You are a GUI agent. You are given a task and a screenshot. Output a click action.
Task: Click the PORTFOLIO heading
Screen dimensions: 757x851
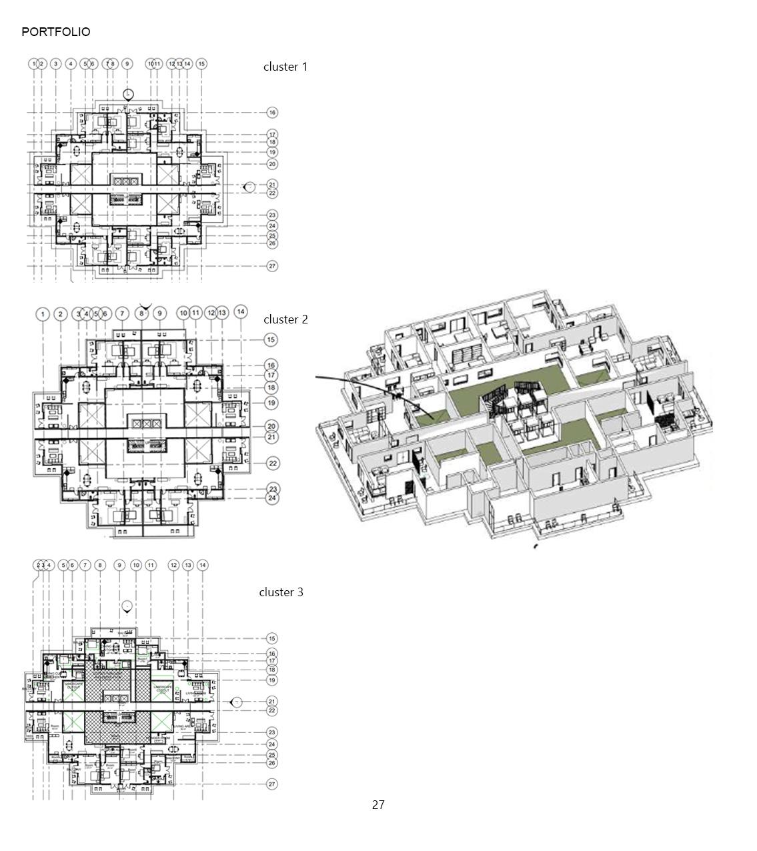[x=56, y=32]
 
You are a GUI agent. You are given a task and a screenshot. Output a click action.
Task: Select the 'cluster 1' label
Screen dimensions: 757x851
[x=285, y=67]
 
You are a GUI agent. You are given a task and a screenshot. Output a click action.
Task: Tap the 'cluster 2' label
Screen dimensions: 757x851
[x=285, y=319]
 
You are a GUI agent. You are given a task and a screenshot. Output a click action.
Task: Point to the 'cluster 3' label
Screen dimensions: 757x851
[x=281, y=592]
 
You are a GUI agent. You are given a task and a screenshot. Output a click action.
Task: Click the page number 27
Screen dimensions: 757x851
[x=378, y=805]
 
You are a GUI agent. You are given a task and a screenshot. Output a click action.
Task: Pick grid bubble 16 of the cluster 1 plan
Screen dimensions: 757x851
[x=272, y=113]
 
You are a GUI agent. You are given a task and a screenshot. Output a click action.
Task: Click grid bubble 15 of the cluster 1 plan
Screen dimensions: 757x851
[x=201, y=64]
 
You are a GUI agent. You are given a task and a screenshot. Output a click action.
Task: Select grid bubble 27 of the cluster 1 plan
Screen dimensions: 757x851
[x=272, y=266]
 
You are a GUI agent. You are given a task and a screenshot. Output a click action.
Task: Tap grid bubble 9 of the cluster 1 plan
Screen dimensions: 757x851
[x=127, y=64]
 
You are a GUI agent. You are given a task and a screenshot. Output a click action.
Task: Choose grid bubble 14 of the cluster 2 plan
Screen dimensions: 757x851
[x=241, y=311]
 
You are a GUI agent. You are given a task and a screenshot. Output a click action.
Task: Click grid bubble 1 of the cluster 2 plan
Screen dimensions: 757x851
[x=43, y=314]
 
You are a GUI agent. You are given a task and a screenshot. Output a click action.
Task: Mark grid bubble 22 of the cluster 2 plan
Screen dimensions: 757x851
[x=273, y=464]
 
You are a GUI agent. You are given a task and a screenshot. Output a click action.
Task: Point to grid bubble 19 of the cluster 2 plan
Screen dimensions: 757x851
[x=271, y=403]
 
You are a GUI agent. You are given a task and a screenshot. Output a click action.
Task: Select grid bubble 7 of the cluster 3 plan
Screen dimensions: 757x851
[x=85, y=566]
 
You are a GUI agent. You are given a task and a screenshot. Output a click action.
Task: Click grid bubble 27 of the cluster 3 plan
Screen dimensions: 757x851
[x=272, y=784]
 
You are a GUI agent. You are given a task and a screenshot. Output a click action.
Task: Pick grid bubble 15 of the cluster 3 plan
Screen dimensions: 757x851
[x=272, y=639]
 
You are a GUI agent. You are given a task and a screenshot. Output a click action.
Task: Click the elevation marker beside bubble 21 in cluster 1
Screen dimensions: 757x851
[x=249, y=187]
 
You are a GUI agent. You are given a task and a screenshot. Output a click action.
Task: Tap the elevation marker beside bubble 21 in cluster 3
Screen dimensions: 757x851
[x=235, y=702]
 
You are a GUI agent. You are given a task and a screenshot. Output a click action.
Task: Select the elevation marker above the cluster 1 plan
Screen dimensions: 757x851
[x=128, y=95]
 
